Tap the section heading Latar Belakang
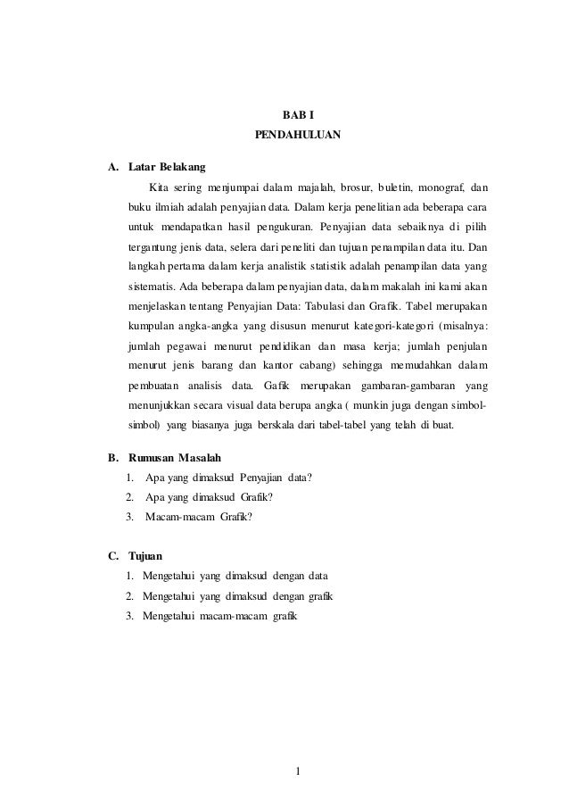click(167, 166)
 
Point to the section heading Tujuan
click(145, 555)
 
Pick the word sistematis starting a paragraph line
click(152, 287)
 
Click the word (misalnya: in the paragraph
click(461, 326)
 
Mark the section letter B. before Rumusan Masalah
click(113, 457)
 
